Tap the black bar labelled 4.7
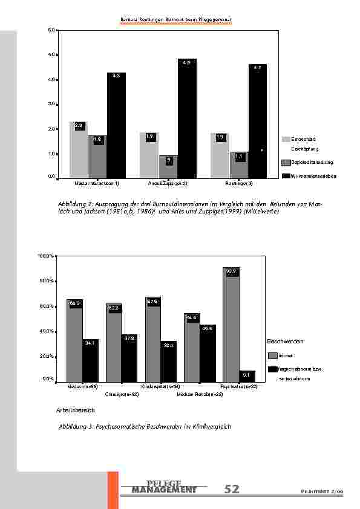pyautogui.click(x=257, y=121)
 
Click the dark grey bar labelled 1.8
pyautogui.click(x=97, y=157)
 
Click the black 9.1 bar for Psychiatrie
pyautogui.click(x=247, y=376)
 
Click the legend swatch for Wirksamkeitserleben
pyautogui.click(x=286, y=175)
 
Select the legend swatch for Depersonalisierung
pyautogui.click(x=286, y=162)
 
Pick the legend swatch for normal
pyautogui.click(x=272, y=355)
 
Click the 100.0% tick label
pyautogui.click(x=46, y=256)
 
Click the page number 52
pyautogui.click(x=232, y=490)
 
